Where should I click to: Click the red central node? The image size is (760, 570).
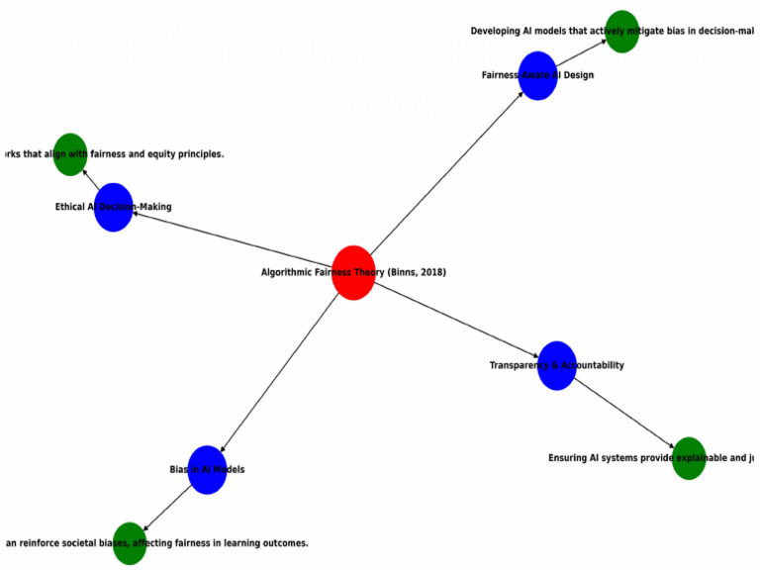click(353, 272)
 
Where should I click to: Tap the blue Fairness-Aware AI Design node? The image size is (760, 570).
click(537, 75)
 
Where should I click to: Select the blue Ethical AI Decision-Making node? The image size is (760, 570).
click(114, 207)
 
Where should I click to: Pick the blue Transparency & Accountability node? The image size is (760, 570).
click(557, 365)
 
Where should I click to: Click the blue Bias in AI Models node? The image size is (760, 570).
click(207, 469)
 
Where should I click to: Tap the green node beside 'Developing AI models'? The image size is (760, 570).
click(621, 31)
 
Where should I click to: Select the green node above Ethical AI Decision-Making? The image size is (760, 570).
click(69, 154)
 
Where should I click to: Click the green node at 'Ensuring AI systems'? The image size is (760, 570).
click(689, 458)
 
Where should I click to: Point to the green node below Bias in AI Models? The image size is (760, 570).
click(129, 543)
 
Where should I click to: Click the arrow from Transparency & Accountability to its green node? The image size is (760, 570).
click(623, 412)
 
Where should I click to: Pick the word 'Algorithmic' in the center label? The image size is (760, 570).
click(286, 272)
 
